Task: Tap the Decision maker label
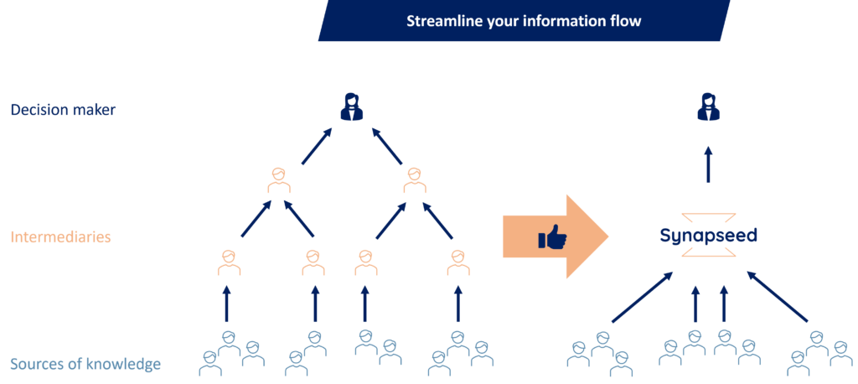pos(63,109)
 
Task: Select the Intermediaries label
pos(60,237)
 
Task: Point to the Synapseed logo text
pos(707,236)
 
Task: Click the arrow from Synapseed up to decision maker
pos(708,163)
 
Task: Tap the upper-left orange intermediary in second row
pos(279,179)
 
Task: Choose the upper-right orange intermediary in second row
pos(414,179)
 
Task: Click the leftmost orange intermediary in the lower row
pos(229,262)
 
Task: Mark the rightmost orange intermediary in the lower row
pos(457,262)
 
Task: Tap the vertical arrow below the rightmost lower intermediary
pos(457,303)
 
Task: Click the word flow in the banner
pos(625,21)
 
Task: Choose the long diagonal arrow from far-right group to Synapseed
pos(777,298)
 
